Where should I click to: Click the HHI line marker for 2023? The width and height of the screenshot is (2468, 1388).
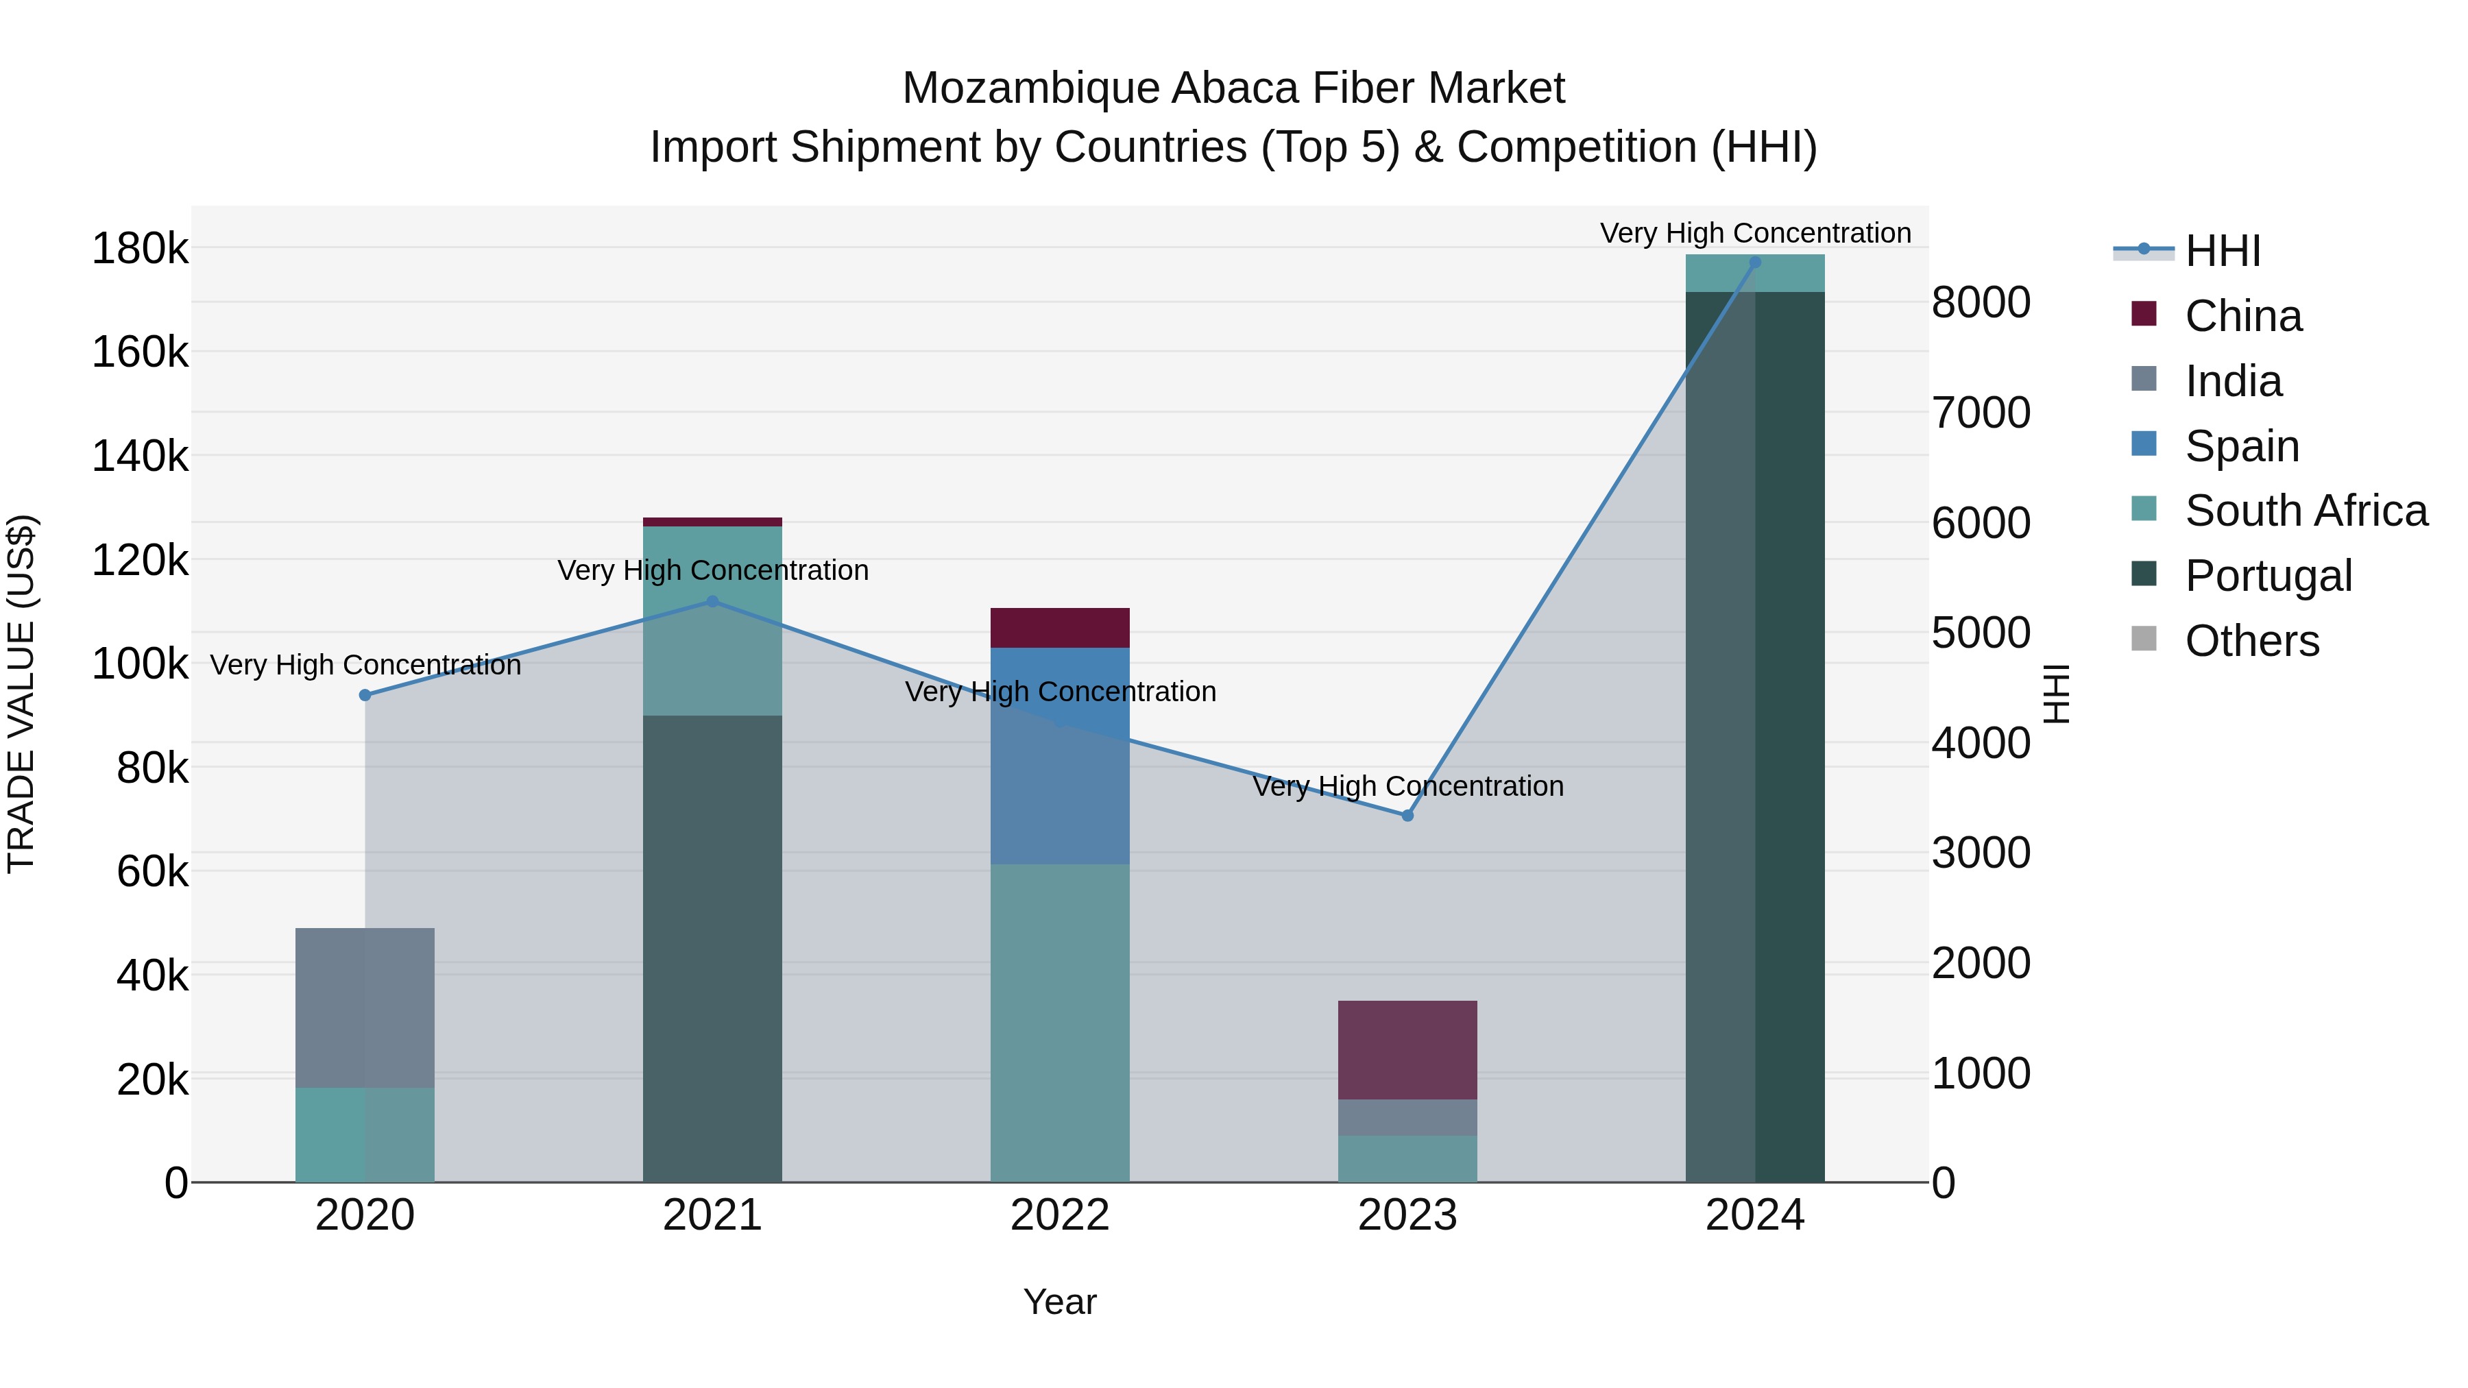pos(1407,815)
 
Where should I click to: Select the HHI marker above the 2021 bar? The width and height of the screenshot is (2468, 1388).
pos(712,602)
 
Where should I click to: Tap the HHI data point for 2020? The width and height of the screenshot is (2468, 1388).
pos(365,696)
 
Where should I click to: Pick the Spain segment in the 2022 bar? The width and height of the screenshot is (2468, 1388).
pos(1060,757)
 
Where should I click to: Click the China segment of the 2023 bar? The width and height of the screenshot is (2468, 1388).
pos(1407,1050)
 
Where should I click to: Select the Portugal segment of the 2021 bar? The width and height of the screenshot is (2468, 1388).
pos(712,949)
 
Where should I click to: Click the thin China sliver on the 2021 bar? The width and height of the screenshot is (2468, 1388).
pos(712,522)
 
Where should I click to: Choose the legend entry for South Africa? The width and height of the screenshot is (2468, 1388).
pos(2305,511)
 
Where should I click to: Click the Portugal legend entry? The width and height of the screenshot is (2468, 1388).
pos(2267,576)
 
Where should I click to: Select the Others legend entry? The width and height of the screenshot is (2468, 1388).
pos(2251,641)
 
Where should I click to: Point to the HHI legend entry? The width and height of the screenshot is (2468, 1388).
pos(2223,251)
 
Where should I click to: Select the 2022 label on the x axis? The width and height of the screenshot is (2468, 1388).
pos(1060,1215)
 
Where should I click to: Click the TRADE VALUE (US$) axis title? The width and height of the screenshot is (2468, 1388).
pos(21,694)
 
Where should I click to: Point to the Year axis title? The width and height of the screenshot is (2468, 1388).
pos(1060,1302)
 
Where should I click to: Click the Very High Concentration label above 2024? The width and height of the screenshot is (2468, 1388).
pos(1754,233)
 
